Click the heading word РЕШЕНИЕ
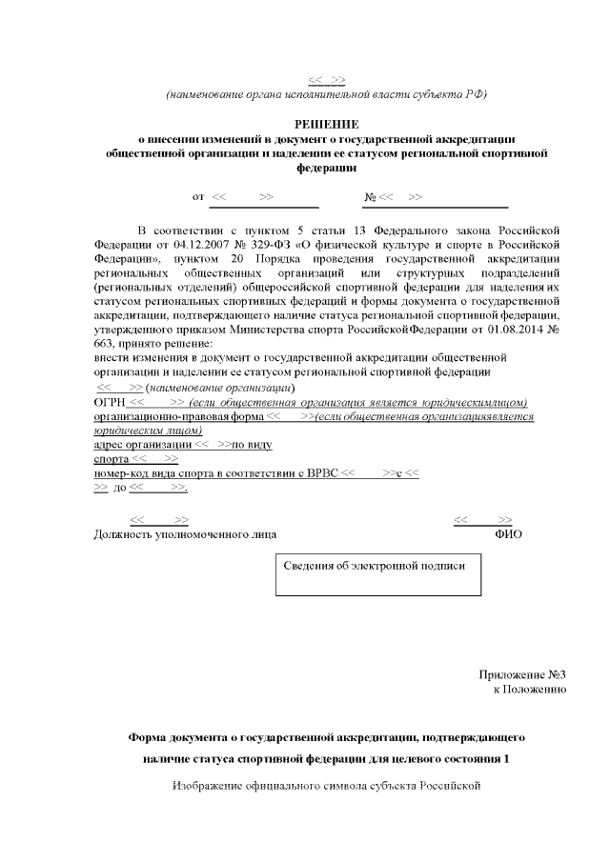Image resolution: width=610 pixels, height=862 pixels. click(326, 124)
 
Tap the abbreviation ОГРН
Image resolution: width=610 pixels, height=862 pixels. click(110, 403)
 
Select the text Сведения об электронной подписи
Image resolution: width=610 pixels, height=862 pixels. click(375, 565)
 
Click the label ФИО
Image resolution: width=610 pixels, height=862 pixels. click(508, 534)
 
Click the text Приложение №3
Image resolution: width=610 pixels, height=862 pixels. click(523, 675)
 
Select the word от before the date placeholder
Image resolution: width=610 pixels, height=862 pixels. click(198, 196)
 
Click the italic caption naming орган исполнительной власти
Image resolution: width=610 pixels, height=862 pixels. click(326, 93)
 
